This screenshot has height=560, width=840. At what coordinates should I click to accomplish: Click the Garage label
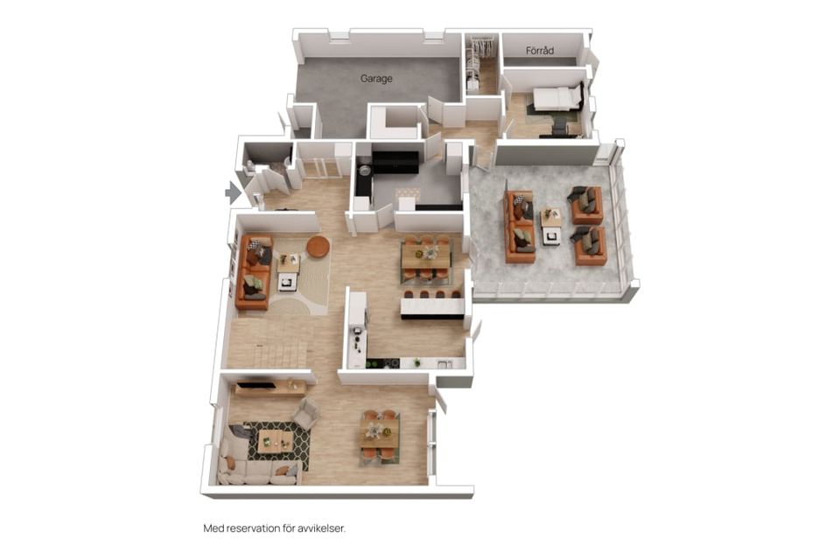[376, 79]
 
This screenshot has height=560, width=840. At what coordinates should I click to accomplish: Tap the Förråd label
[540, 51]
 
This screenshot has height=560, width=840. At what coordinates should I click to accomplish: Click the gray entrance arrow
[233, 192]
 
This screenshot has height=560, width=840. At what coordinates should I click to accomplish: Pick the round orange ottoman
[318, 246]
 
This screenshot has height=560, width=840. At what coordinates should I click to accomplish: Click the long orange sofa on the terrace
[520, 227]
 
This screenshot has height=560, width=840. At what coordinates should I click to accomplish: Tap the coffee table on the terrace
[551, 226]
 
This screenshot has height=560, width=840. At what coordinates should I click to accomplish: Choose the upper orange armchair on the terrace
[586, 205]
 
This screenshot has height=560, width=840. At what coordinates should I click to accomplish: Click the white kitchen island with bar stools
[431, 306]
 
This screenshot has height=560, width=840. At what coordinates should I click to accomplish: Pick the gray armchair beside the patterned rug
[306, 412]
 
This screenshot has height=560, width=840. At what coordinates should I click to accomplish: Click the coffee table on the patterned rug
[276, 441]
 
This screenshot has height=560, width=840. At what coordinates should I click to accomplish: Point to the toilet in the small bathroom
[249, 166]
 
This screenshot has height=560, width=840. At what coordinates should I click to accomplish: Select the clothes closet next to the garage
[479, 64]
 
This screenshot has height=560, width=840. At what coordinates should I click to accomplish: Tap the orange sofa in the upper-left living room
[254, 272]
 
